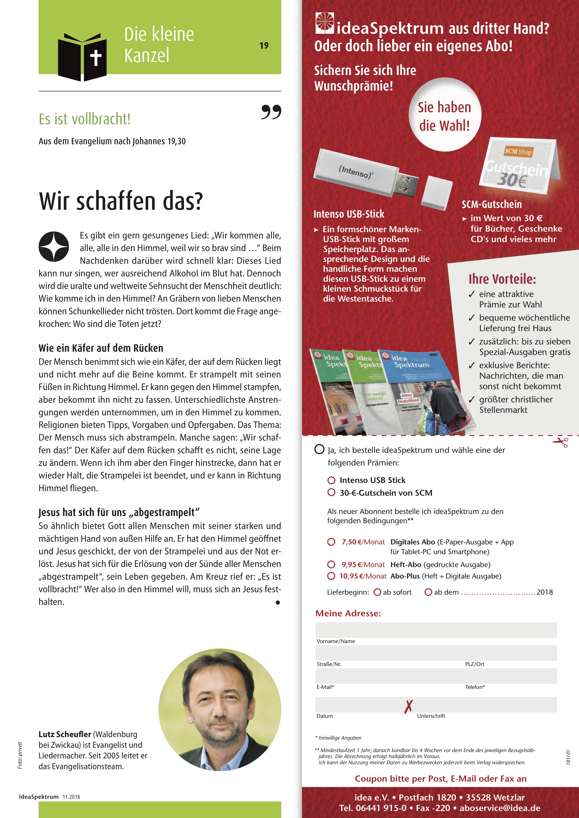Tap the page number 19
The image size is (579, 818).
[x=264, y=46]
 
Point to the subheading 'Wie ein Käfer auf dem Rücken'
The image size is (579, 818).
[x=101, y=348]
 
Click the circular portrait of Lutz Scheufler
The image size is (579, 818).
[x=220, y=710]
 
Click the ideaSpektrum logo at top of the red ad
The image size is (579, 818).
[x=324, y=23]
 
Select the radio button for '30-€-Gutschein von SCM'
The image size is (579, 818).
[x=331, y=492]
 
